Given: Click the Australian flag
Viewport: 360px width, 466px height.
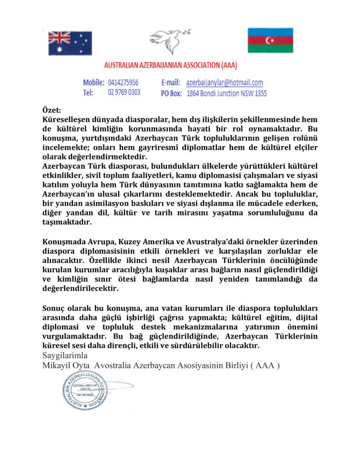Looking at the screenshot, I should click(70, 43).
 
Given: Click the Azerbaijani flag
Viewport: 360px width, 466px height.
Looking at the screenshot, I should click(270, 41).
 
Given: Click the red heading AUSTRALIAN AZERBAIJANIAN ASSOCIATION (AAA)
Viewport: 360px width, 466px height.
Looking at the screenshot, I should click(171, 65).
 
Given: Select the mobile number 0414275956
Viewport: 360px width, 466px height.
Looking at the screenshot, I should click(123, 83).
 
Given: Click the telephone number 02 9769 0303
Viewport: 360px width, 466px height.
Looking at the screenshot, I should click(124, 92).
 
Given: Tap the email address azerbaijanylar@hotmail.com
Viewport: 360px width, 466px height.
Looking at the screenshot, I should click(224, 83).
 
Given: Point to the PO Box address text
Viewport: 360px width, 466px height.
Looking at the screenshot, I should click(227, 93).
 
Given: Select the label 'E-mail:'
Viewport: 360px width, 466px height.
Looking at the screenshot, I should click(172, 83).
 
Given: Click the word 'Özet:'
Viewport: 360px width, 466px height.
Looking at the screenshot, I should click(51, 110).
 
